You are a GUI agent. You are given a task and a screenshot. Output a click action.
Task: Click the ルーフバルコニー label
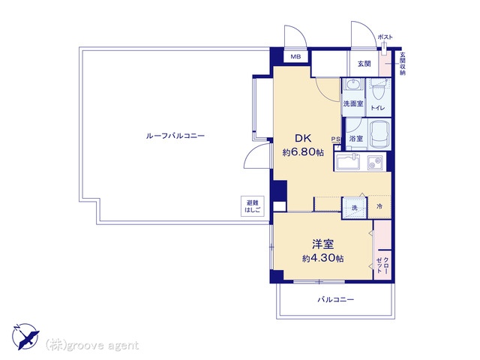pos(175,136)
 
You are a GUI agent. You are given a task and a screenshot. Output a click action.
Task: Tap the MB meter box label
pos(295,57)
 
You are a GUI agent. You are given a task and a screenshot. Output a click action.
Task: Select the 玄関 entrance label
pos(364,64)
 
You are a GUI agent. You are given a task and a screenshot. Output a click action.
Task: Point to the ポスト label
pos(385,37)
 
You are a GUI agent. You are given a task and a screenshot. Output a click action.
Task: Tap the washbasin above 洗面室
pos(353,84)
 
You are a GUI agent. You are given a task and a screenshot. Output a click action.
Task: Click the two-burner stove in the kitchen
pos(375,163)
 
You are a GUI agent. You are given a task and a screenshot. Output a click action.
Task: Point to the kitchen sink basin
pos(349,162)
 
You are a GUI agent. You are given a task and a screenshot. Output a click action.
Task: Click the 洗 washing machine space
pos(354,208)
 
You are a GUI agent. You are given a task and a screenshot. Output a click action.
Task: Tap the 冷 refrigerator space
pos(379,207)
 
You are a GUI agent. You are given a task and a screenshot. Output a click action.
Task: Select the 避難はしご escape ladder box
pos(253,206)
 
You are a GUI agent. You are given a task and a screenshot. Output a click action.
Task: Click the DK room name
pos(303,138)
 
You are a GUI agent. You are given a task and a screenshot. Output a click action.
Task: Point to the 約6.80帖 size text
pos(302,152)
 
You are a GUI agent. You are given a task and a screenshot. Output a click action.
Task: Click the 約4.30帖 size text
pos(322,258)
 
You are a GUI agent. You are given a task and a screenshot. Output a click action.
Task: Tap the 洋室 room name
pos(322,244)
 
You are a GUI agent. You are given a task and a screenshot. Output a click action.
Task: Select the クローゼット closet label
pos(382,265)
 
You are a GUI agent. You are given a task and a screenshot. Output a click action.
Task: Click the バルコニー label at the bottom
pos(335,299)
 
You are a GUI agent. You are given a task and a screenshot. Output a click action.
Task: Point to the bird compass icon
pos(25,337)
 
